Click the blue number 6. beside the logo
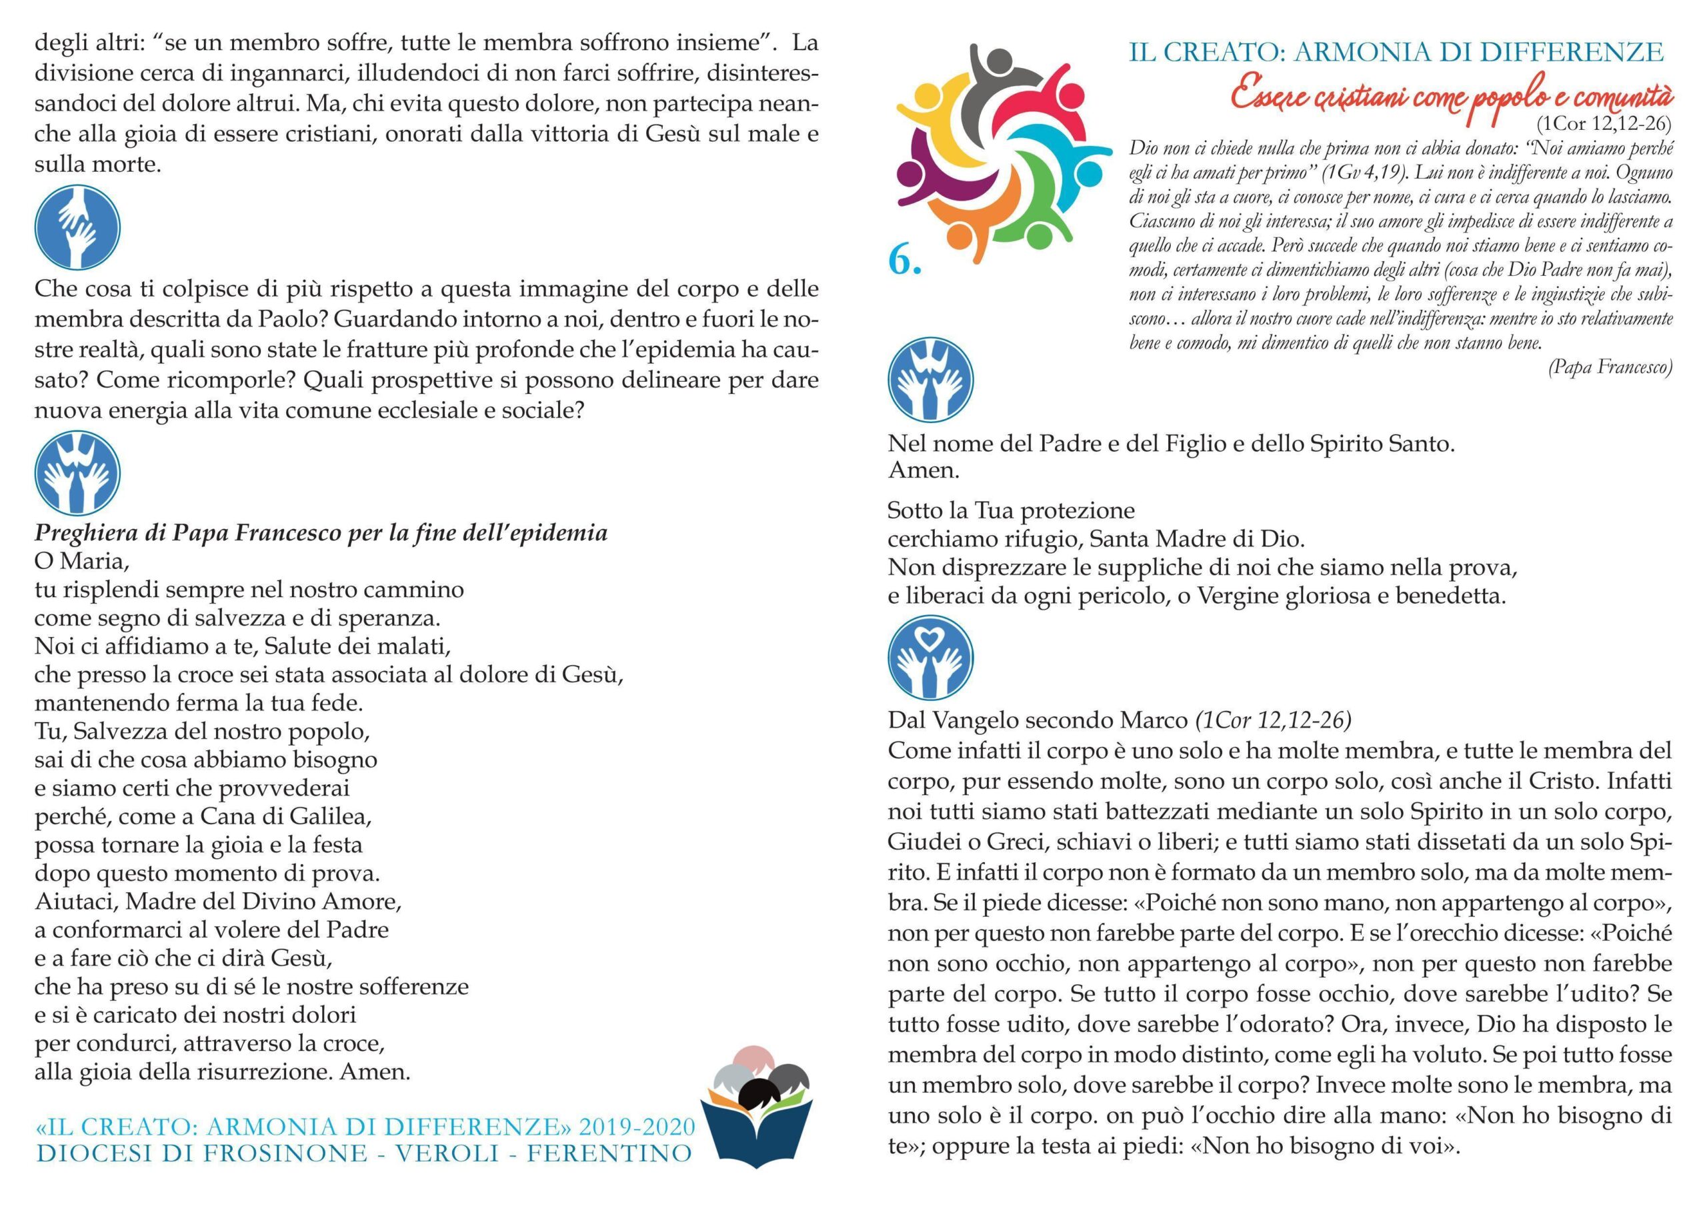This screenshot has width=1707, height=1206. tap(904, 259)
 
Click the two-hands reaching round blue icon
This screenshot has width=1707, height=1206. tap(77, 227)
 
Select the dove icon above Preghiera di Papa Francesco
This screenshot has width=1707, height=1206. tap(77, 472)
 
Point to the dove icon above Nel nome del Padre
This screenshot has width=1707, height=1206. tap(930, 380)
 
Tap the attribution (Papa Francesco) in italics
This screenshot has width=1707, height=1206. tap(1610, 368)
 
